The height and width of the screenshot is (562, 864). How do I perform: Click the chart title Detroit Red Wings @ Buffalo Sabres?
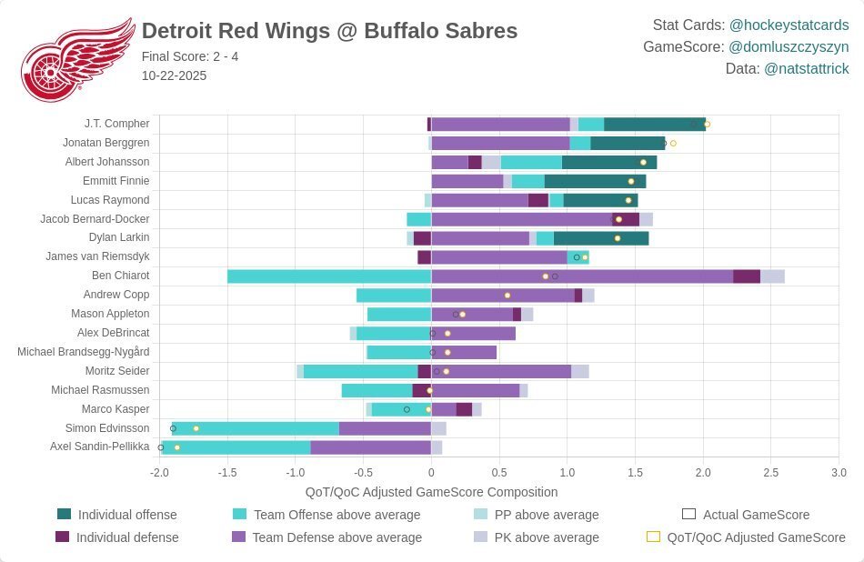pyautogui.click(x=329, y=31)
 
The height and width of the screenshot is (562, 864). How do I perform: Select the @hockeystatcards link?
pyautogui.click(x=789, y=25)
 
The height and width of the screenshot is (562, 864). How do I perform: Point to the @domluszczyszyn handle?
pyautogui.click(x=789, y=46)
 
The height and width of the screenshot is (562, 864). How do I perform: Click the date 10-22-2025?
pyautogui.click(x=174, y=75)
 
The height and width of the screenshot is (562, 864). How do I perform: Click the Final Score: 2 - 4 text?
pyautogui.click(x=190, y=56)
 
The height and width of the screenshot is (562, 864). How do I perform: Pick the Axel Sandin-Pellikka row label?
pyautogui.click(x=100, y=447)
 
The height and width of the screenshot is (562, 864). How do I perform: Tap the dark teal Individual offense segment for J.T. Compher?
pyautogui.click(x=654, y=124)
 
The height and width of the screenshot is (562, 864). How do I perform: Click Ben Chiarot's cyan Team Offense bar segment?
pyautogui.click(x=328, y=276)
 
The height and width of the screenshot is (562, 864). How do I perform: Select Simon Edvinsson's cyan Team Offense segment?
pyautogui.click(x=256, y=428)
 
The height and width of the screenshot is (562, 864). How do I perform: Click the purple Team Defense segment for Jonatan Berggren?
pyautogui.click(x=500, y=143)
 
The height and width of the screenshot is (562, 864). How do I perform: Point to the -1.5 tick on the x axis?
pyautogui.click(x=226, y=473)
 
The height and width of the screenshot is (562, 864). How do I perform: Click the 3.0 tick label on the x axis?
pyautogui.click(x=839, y=473)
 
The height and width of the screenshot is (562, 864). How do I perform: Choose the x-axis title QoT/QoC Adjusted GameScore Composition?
pyautogui.click(x=431, y=492)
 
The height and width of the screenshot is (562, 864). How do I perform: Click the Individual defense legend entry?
pyautogui.click(x=126, y=537)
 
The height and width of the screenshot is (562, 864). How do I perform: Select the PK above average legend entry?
pyautogui.click(x=546, y=537)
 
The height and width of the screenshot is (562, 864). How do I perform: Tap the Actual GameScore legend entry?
pyautogui.click(x=756, y=515)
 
